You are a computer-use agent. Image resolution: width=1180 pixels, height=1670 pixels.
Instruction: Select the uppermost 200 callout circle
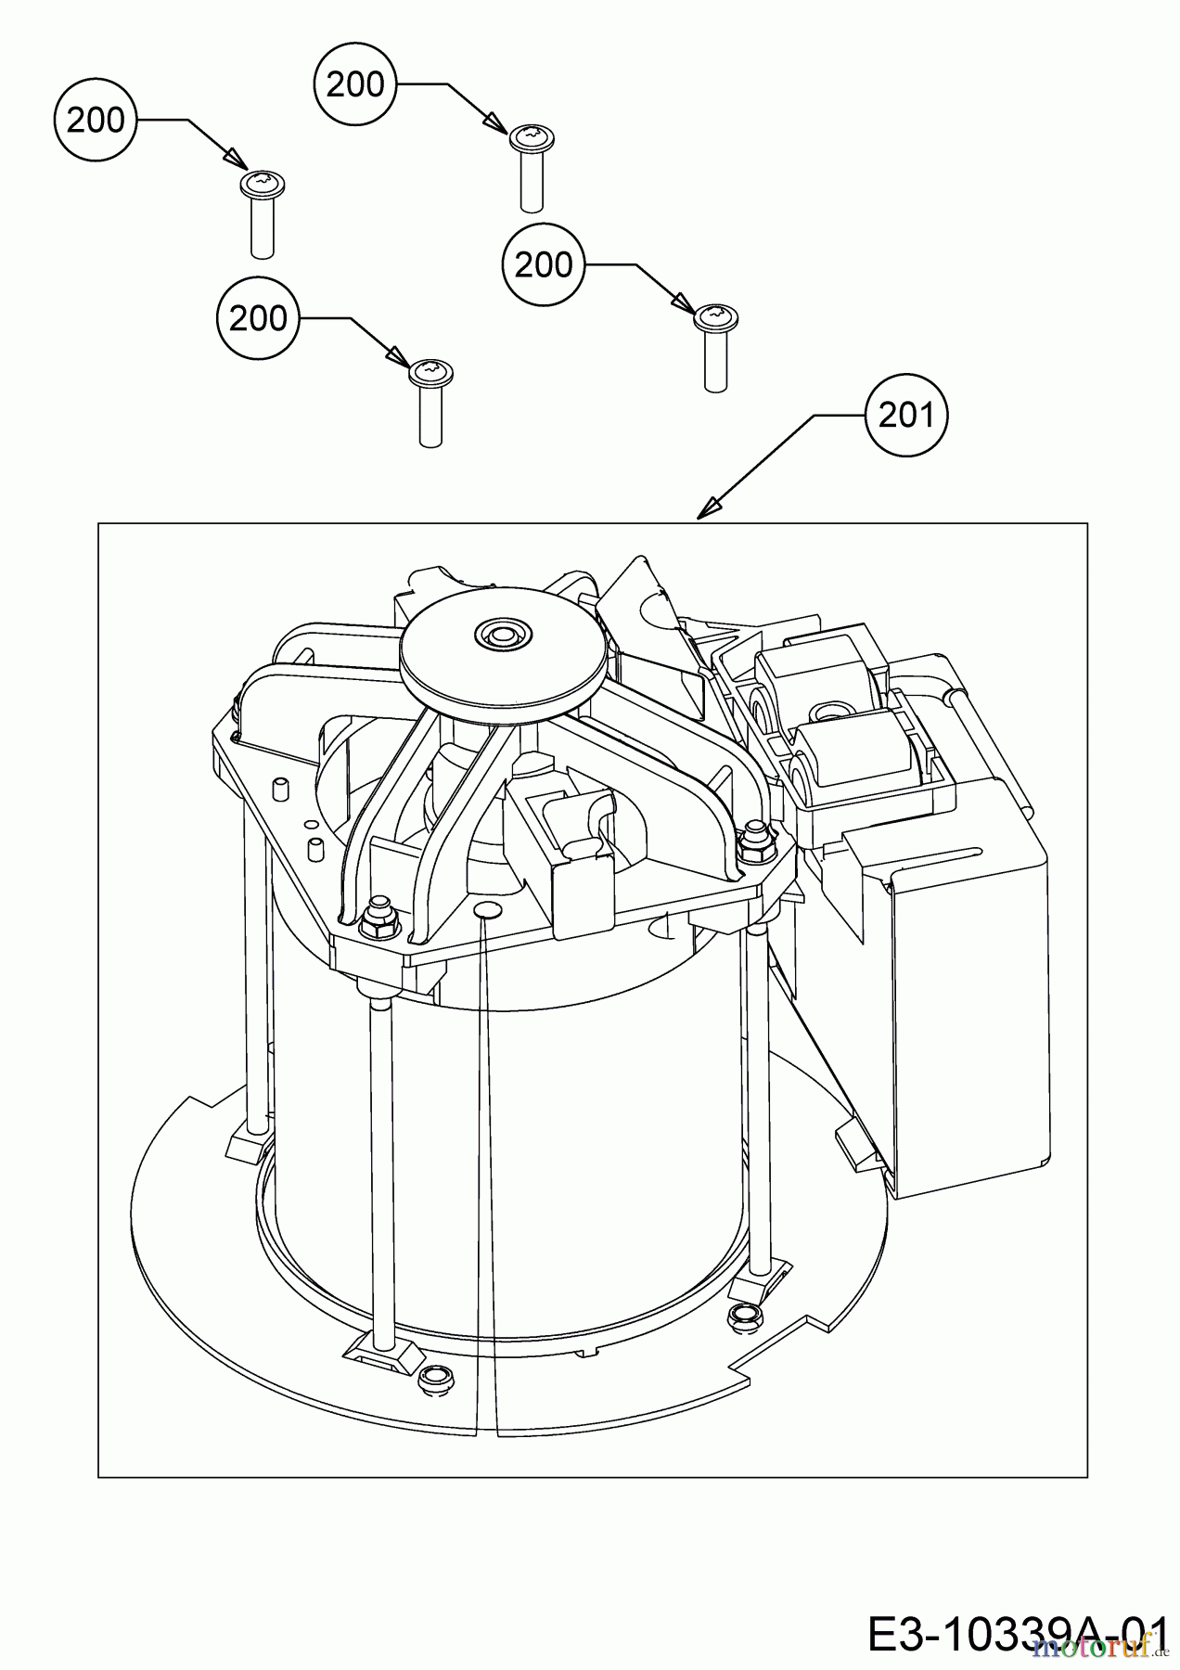tap(355, 84)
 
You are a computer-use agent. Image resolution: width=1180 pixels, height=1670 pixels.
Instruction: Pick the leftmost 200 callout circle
tap(96, 120)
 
